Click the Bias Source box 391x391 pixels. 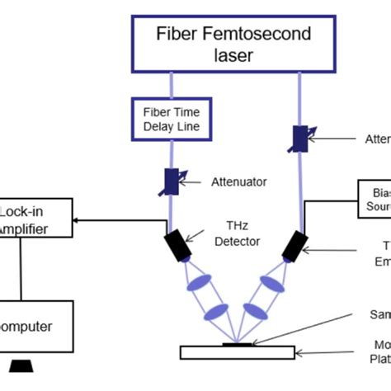point(375,198)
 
